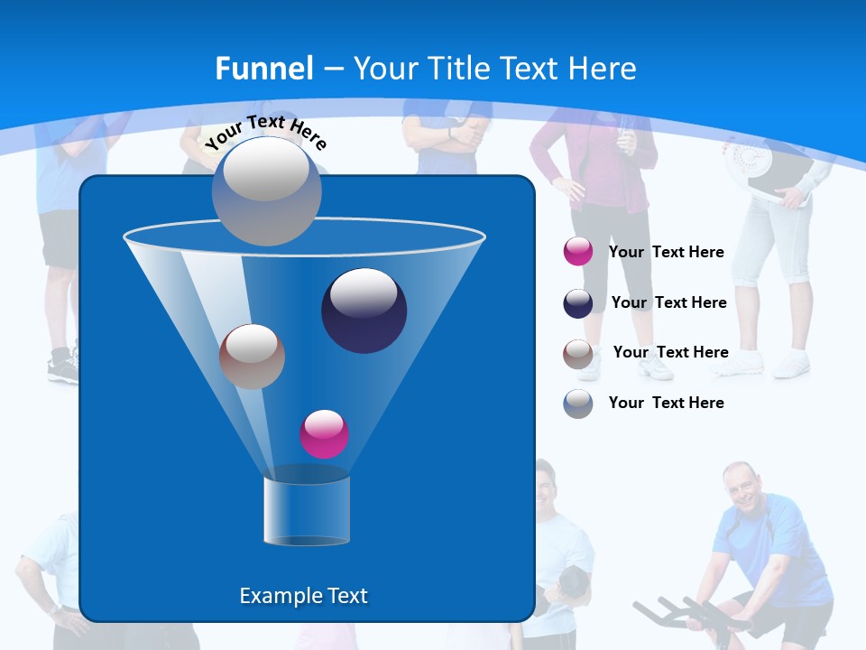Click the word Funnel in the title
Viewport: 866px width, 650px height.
pyautogui.click(x=264, y=69)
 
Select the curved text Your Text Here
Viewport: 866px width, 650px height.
pyautogui.click(x=265, y=132)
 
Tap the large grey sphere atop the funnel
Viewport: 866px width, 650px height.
pyautogui.click(x=266, y=190)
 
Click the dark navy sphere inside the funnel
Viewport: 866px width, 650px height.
pyautogui.click(x=364, y=310)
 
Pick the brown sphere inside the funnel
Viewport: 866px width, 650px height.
pyautogui.click(x=252, y=356)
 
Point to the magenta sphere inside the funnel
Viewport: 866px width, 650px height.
pyautogui.click(x=324, y=433)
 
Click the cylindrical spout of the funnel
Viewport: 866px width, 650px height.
pyautogui.click(x=306, y=510)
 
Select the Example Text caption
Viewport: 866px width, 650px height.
pyautogui.click(x=304, y=596)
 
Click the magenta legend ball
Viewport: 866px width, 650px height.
pyautogui.click(x=578, y=252)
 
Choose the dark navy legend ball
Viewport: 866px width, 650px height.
pyautogui.click(x=578, y=303)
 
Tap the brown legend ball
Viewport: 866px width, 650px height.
pyautogui.click(x=578, y=353)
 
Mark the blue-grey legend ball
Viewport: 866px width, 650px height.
pyautogui.click(x=578, y=404)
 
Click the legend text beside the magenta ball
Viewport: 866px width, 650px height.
pyautogui.click(x=666, y=252)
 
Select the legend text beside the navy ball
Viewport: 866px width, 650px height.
pyautogui.click(x=668, y=302)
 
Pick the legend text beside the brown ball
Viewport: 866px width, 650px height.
pyautogui.click(x=670, y=352)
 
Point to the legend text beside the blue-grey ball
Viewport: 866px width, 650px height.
pyautogui.click(x=666, y=403)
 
